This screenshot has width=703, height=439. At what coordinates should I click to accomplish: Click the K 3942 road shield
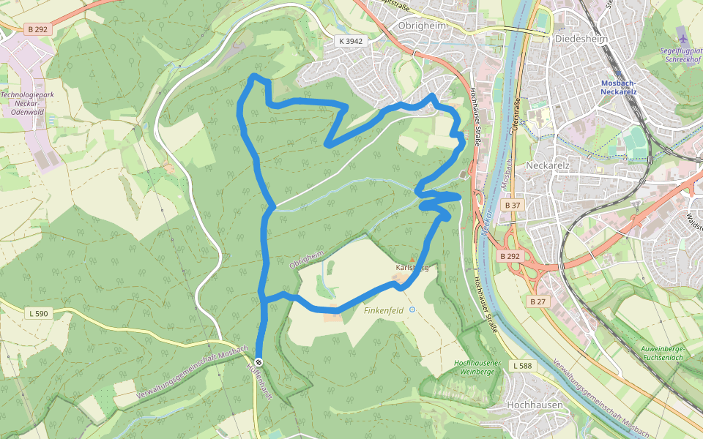coord(351,41)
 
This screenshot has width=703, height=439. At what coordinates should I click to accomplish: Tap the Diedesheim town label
coord(582,39)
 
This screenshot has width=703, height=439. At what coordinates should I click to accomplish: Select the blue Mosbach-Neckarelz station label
coord(619,87)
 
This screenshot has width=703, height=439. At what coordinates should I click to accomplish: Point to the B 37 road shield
coord(513,206)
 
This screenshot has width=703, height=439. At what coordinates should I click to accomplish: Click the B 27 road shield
coord(538,301)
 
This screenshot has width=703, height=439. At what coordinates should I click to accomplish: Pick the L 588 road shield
coord(522,365)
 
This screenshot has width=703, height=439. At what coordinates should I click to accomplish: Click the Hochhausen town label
coord(535,405)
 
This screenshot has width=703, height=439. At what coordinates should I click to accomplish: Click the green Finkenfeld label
coord(384,310)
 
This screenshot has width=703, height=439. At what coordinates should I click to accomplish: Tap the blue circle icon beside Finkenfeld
coord(412,309)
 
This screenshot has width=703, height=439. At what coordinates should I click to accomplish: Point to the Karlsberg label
coord(411,268)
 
